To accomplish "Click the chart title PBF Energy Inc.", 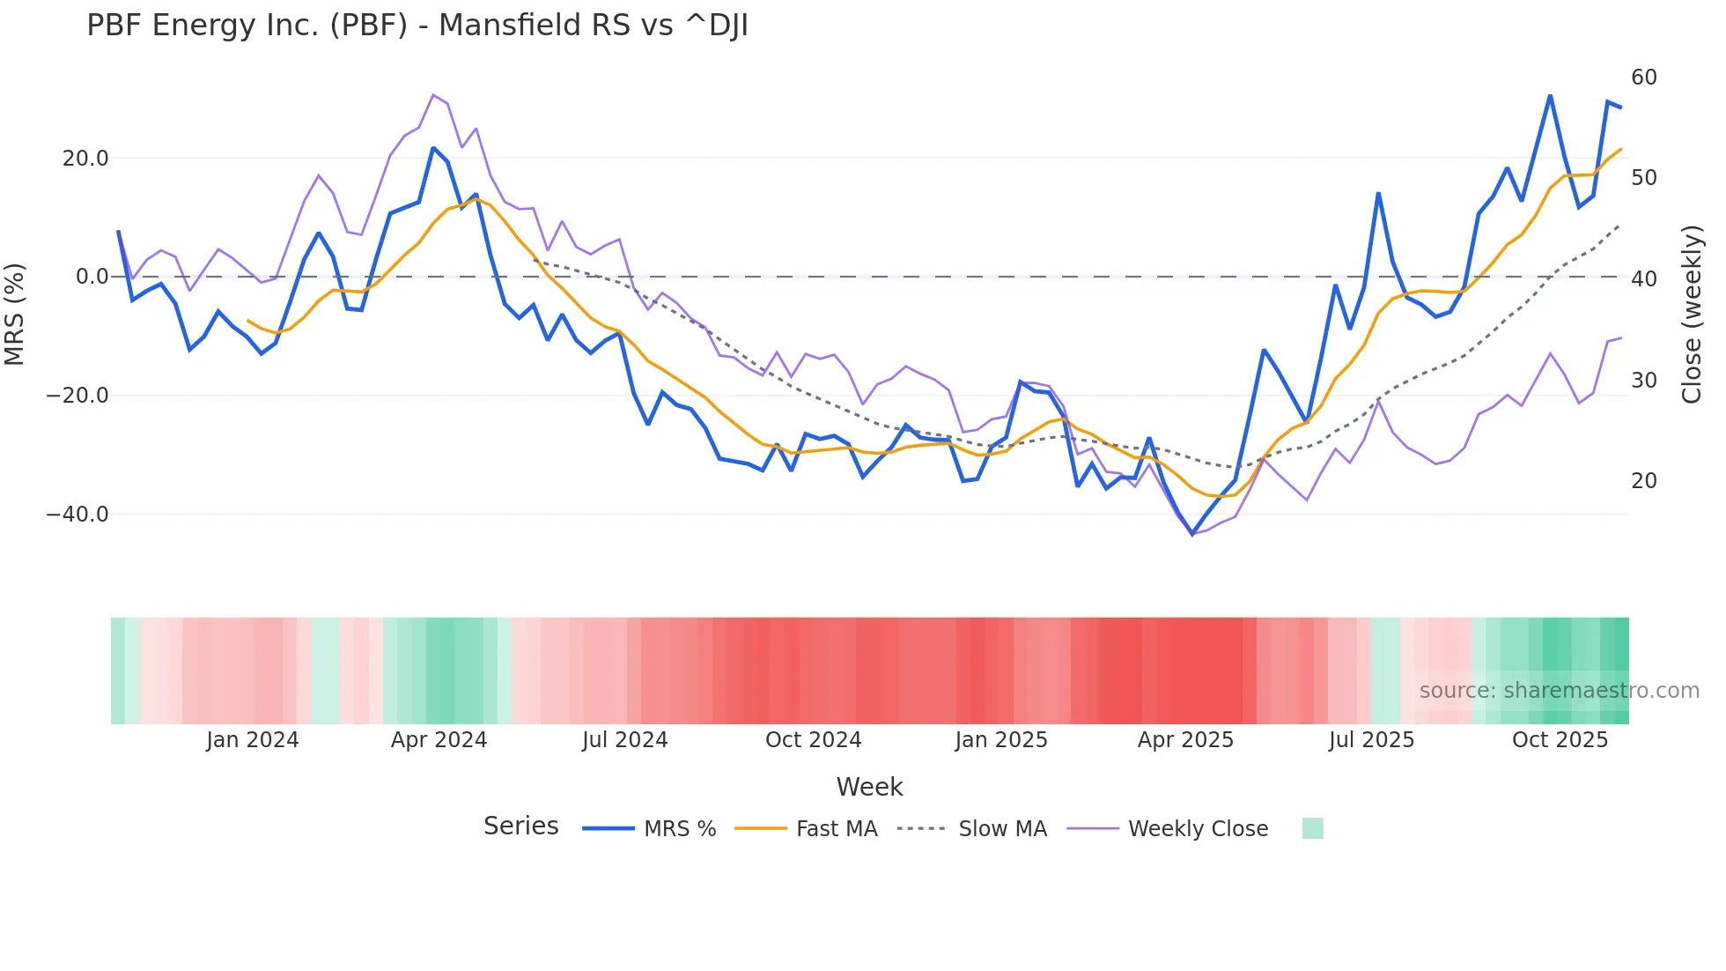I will click(417, 26).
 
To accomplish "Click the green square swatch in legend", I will click(1312, 828).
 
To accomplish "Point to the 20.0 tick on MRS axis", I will click(85, 159).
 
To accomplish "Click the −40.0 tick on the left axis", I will click(77, 515).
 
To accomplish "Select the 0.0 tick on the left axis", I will click(92, 277).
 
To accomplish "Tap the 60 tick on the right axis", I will click(1643, 78).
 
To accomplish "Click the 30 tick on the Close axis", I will click(1643, 381).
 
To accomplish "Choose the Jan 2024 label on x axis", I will click(253, 740).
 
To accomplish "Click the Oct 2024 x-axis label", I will click(813, 740).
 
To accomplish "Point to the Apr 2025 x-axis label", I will click(1185, 740).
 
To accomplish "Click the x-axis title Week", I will click(869, 787).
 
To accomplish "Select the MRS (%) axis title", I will click(15, 315).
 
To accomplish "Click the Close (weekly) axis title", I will click(1691, 315).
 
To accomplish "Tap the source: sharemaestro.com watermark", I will click(1559, 691).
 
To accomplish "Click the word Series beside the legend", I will click(520, 826).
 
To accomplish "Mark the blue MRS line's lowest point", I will click(1192, 534).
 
